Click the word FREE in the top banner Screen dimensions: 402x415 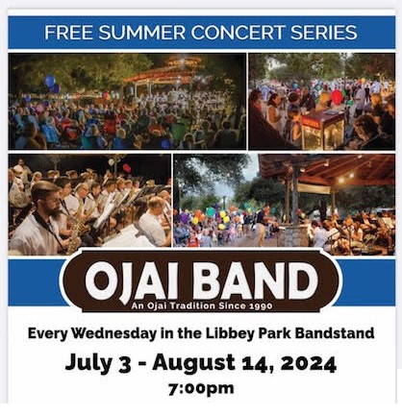point(68,33)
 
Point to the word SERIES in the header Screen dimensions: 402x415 point(324,33)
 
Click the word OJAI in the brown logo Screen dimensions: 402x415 point(132,281)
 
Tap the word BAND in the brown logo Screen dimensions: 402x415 point(255,281)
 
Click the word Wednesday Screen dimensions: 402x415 point(113,333)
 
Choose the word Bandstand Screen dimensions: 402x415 point(335,333)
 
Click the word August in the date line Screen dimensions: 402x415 point(194,364)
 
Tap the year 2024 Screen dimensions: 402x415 point(309,364)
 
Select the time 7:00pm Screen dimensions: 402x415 point(201,389)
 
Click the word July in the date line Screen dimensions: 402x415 point(88,364)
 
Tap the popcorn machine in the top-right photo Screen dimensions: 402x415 point(322,130)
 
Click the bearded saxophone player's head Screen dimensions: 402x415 point(46,197)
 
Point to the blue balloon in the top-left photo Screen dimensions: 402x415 point(50,81)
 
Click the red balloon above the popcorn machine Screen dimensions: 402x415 point(337,97)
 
